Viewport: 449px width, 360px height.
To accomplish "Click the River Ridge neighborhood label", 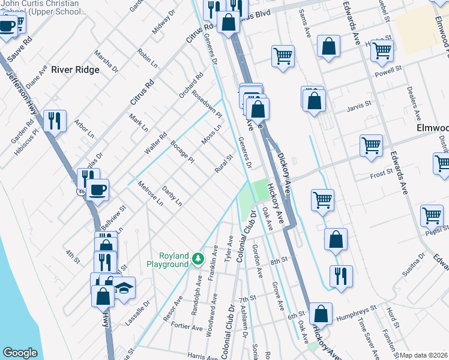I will [75, 70].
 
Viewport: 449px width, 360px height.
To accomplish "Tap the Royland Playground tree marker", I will [197, 259].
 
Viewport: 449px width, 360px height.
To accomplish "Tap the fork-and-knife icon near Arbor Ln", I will [55, 121].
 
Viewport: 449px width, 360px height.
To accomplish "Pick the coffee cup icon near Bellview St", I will [98, 190].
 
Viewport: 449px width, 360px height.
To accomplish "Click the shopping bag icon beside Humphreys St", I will [321, 313].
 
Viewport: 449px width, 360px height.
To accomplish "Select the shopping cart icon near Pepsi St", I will [432, 215].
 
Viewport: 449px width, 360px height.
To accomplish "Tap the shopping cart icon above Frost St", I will [371, 145].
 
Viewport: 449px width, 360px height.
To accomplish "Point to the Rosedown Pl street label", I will [207, 106].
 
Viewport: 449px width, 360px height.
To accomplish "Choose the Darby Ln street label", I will [172, 196].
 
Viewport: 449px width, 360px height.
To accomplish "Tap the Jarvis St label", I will [360, 110].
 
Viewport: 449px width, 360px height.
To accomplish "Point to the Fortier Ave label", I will [188, 328].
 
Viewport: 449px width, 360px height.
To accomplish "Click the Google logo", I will [20, 353].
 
